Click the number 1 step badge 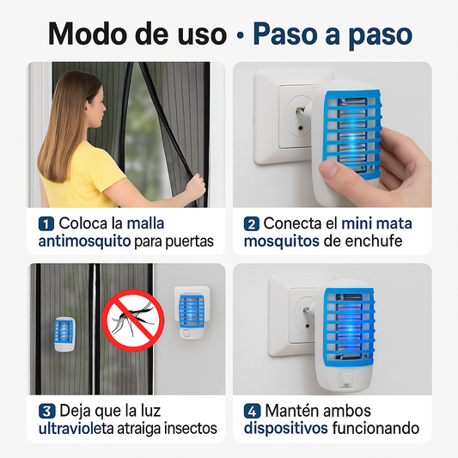pyautogui.click(x=46, y=224)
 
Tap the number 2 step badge pyautogui.click(x=252, y=224)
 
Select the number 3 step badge pyautogui.click(x=46, y=412)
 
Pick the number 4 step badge pyautogui.click(x=252, y=412)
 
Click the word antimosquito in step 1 pyautogui.click(x=84, y=241)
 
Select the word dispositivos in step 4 pyautogui.click(x=285, y=429)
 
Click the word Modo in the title pyautogui.click(x=89, y=34)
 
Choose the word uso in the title pyautogui.click(x=203, y=35)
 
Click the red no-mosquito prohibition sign pyautogui.click(x=133, y=321)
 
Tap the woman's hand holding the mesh pyautogui.click(x=196, y=187)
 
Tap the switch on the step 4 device pyautogui.click(x=346, y=379)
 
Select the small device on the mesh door pyautogui.click(x=64, y=334)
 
